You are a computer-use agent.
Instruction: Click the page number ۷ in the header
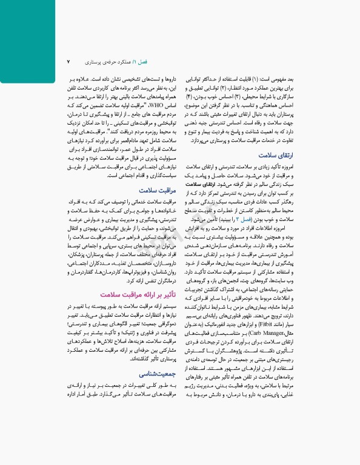[68, 62]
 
